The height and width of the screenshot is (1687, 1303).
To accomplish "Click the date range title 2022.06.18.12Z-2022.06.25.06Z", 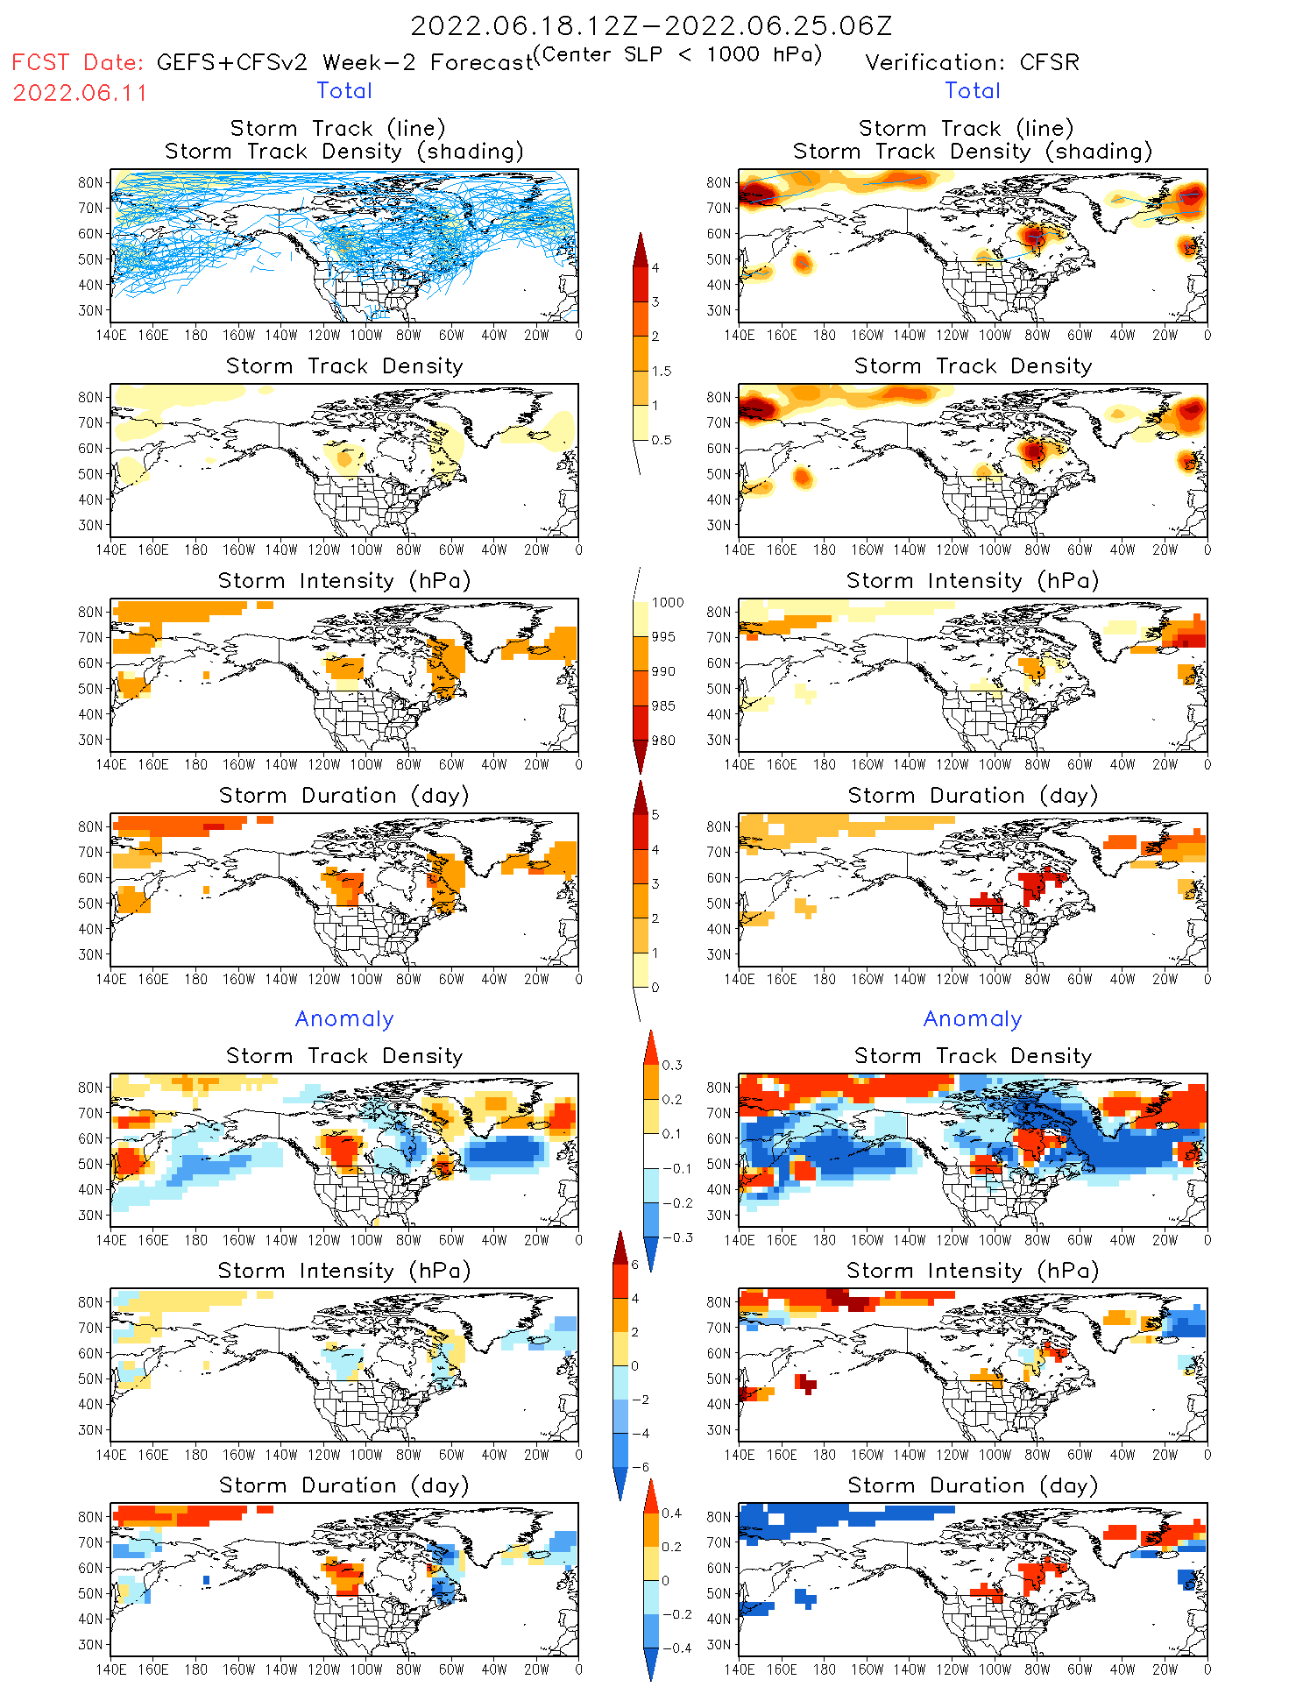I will (x=651, y=25).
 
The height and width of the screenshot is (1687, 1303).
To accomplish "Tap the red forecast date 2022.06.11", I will (x=81, y=93).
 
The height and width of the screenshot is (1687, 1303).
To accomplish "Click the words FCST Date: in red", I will (x=77, y=63).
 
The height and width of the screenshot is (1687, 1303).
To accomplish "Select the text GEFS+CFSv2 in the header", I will (x=232, y=63).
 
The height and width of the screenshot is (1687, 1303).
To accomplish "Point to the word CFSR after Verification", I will (x=1050, y=63).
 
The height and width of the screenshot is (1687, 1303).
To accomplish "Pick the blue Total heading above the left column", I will (x=344, y=91).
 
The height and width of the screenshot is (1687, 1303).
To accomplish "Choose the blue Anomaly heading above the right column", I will (x=973, y=1019).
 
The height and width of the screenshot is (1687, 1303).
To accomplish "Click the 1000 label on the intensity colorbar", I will (x=668, y=603).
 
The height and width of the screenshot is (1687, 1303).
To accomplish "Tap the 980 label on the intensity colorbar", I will (x=664, y=741).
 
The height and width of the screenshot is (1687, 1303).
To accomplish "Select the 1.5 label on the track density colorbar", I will (x=662, y=372).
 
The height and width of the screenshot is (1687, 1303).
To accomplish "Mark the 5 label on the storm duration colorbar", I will (x=655, y=815).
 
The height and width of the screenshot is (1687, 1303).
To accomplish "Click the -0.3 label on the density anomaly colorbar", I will (x=676, y=1238).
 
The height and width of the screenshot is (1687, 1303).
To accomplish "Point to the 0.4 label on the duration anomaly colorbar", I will (x=671, y=1513).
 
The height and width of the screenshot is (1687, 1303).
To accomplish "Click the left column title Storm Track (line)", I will (x=338, y=129).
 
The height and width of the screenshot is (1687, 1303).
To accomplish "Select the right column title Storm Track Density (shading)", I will (x=973, y=152).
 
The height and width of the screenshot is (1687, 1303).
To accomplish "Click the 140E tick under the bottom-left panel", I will (x=110, y=1669).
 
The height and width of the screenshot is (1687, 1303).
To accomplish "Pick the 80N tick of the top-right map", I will (x=719, y=183).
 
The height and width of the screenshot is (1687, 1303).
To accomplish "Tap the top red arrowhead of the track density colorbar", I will (x=641, y=247).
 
